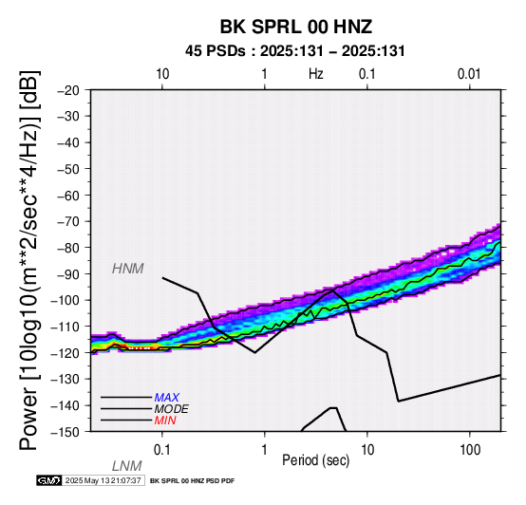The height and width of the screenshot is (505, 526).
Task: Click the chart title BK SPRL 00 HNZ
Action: [296, 27]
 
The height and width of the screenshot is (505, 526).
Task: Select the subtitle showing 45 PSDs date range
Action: [295, 51]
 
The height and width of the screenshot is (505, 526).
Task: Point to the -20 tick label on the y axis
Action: [68, 90]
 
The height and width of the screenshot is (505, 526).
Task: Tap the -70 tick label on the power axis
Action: [68, 221]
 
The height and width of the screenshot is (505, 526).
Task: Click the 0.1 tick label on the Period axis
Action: [161, 450]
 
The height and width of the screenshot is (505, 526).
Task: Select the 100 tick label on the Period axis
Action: [470, 450]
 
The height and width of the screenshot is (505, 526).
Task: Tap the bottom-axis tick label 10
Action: [367, 450]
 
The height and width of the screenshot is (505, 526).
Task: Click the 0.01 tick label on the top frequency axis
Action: [469, 74]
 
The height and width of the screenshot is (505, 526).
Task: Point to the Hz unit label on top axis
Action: [316, 74]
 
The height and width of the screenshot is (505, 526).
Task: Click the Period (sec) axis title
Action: [315, 460]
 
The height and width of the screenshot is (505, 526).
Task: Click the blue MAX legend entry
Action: [167, 398]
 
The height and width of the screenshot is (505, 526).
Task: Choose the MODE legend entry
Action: [172, 409]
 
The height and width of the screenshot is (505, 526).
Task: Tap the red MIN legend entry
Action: [165, 421]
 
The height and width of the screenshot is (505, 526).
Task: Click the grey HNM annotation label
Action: [128, 269]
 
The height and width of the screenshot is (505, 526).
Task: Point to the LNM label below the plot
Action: [127, 466]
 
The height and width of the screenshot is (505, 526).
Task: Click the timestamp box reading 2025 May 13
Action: [103, 480]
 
